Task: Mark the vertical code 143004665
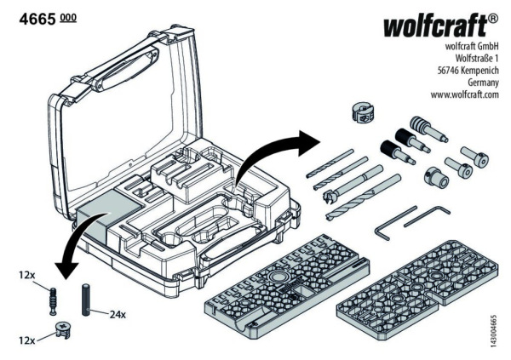click(x=493, y=327)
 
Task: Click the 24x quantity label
click(x=117, y=313)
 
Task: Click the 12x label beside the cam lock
click(x=25, y=340)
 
